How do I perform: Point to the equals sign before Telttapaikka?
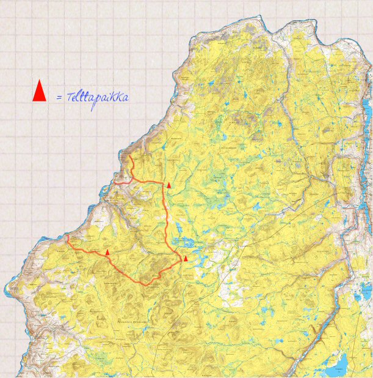coord(59,97)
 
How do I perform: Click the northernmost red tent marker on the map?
coord(169,184)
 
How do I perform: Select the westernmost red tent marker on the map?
coord(107,251)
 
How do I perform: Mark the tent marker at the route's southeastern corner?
coord(185,258)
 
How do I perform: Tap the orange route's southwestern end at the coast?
coord(66,236)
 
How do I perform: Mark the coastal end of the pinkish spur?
coord(113,182)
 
